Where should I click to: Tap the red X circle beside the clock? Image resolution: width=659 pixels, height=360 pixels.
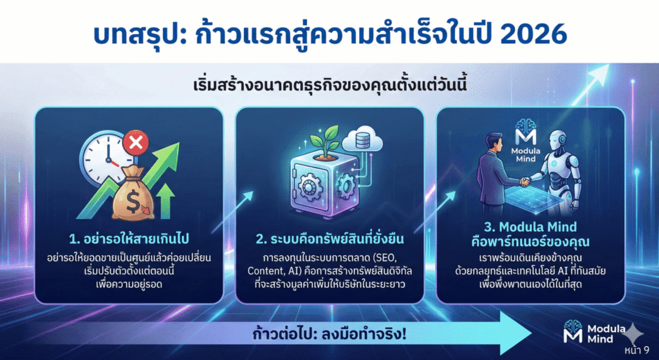pyautogui.click(x=136, y=142)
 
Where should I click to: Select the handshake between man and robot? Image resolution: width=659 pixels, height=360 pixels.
pyautogui.click(x=524, y=182)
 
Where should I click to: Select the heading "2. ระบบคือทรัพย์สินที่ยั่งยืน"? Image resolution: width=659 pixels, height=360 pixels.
pyautogui.click(x=329, y=240)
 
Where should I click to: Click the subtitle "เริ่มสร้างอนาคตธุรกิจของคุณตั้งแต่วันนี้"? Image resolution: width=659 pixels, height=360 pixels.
pyautogui.click(x=329, y=85)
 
